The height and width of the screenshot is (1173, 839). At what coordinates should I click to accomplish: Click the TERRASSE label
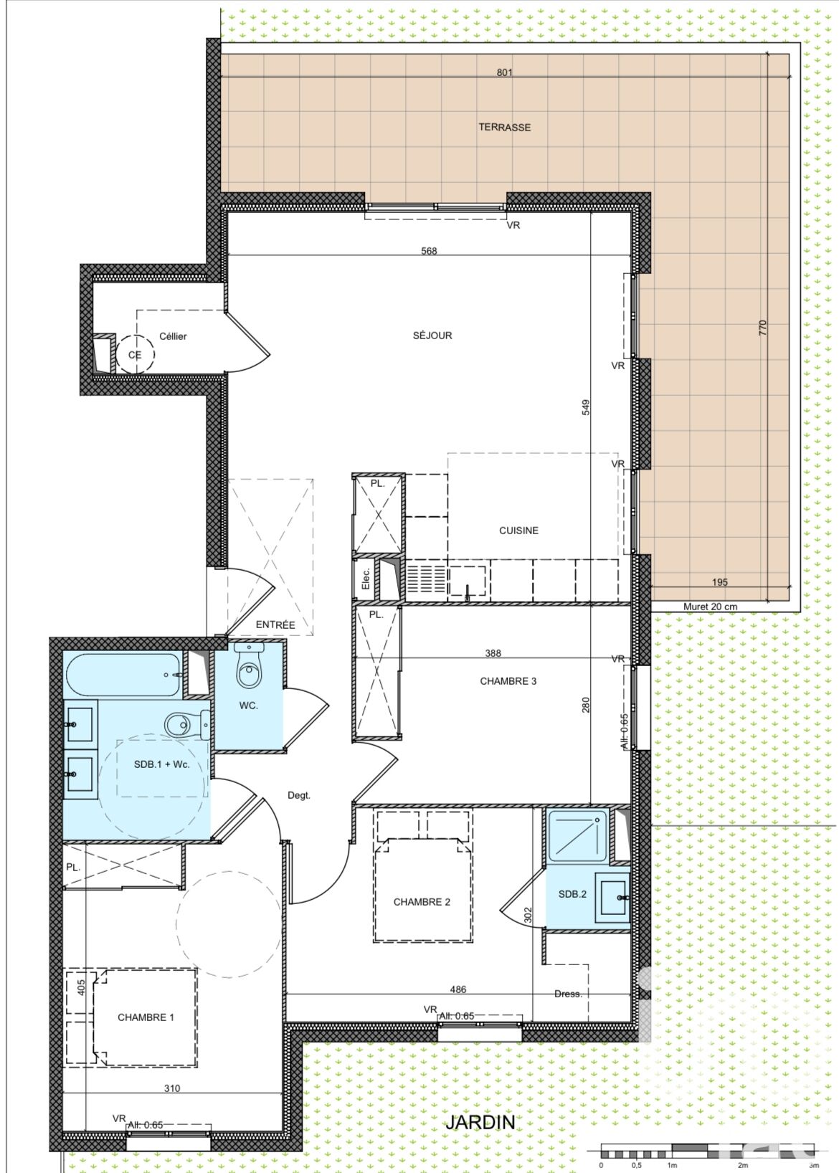tap(504, 127)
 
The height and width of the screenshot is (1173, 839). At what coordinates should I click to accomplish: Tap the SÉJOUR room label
tap(432, 335)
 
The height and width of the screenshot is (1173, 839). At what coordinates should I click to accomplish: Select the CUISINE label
tap(518, 531)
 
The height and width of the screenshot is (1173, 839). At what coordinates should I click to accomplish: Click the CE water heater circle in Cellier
tap(135, 354)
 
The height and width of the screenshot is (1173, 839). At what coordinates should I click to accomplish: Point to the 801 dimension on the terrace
tap(504, 72)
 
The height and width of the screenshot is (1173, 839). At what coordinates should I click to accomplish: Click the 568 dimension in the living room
tap(429, 251)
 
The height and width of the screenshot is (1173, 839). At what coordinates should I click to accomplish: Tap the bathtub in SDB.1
tap(123, 675)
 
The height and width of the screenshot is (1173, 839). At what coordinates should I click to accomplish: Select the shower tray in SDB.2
tap(578, 836)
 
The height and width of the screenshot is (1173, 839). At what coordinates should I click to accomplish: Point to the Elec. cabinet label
tap(366, 578)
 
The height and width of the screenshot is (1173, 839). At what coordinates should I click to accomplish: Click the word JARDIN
tap(480, 1121)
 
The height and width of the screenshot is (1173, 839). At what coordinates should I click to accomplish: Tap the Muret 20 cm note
tap(710, 607)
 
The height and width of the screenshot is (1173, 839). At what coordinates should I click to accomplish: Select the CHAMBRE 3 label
tap(508, 680)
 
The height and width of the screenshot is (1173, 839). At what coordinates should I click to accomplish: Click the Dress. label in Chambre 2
tap(568, 993)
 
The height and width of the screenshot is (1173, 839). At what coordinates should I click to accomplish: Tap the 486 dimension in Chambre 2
tap(458, 989)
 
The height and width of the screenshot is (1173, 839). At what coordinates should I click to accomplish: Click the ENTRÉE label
tap(275, 625)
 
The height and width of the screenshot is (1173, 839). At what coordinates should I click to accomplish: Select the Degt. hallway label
tap(299, 795)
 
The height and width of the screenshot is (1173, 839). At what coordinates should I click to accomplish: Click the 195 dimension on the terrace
tap(719, 581)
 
